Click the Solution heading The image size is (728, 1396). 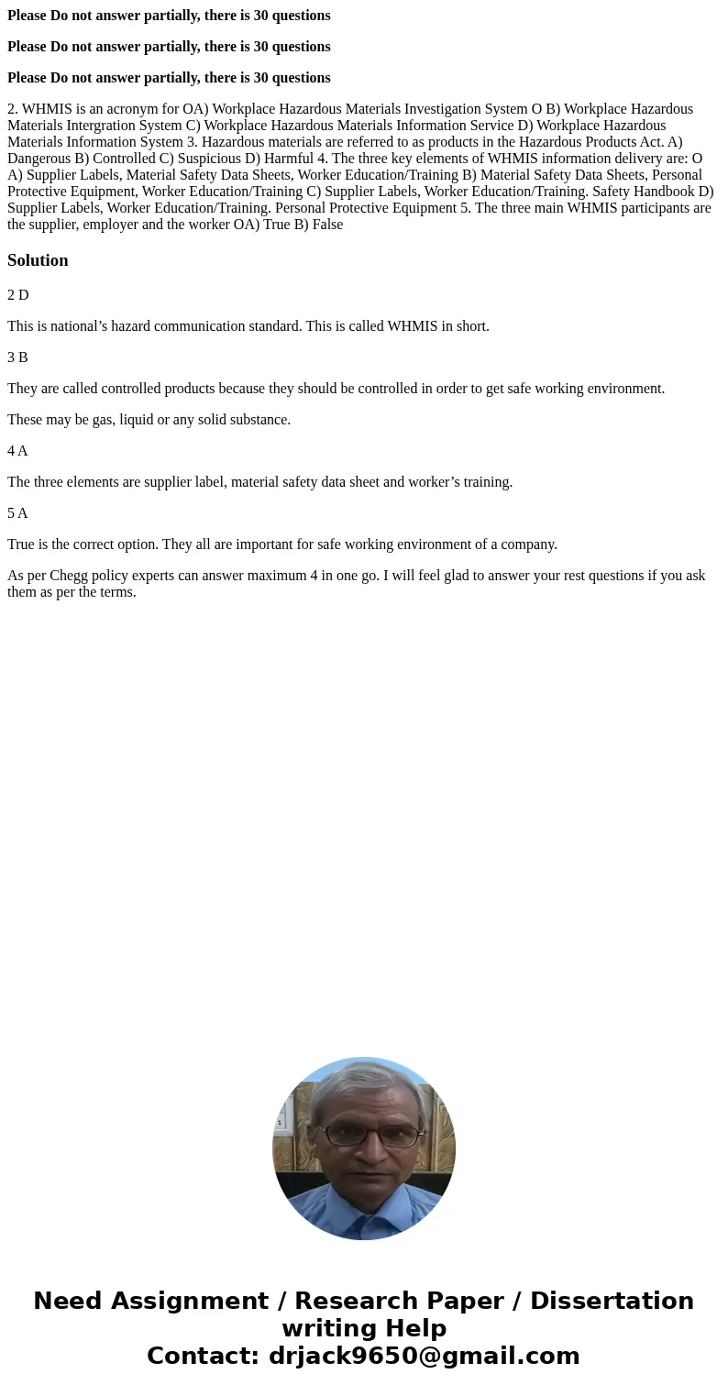[x=38, y=260]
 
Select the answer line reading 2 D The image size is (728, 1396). [x=18, y=295]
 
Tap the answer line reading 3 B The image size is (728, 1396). [x=17, y=357]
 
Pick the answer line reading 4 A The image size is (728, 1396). [x=17, y=451]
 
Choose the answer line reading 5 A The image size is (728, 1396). [x=17, y=513]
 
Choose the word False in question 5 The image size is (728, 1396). [x=325, y=225]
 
